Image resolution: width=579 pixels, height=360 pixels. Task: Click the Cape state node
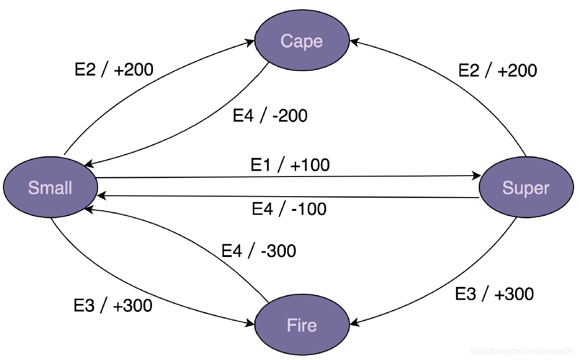pos(302,41)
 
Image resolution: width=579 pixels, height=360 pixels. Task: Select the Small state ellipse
pos(50,187)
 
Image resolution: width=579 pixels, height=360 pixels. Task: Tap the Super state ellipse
pos(526,188)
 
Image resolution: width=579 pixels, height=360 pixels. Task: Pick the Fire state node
pos(302,325)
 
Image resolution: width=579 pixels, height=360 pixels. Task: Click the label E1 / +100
pos(290,165)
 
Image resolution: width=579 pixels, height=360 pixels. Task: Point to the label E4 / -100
pos(289,209)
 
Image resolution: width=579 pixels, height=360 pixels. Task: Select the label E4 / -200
pos(270,116)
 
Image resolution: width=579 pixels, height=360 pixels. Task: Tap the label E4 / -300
pos(258,251)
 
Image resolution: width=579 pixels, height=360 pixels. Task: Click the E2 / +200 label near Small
pos(114,70)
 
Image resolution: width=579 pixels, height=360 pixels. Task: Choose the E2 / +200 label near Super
pos(497,71)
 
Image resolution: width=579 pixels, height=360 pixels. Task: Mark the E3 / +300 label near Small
pos(113,306)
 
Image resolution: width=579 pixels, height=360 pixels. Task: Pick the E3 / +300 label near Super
pos(494,294)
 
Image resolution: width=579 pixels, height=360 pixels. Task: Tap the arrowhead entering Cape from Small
pos(251,42)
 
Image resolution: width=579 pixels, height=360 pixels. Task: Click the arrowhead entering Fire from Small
pos(251,323)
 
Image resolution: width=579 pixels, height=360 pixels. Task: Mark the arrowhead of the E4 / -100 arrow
pos(100,196)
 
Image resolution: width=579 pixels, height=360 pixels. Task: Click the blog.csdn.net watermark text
pos(522,351)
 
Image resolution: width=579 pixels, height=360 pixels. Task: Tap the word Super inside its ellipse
pos(526,188)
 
